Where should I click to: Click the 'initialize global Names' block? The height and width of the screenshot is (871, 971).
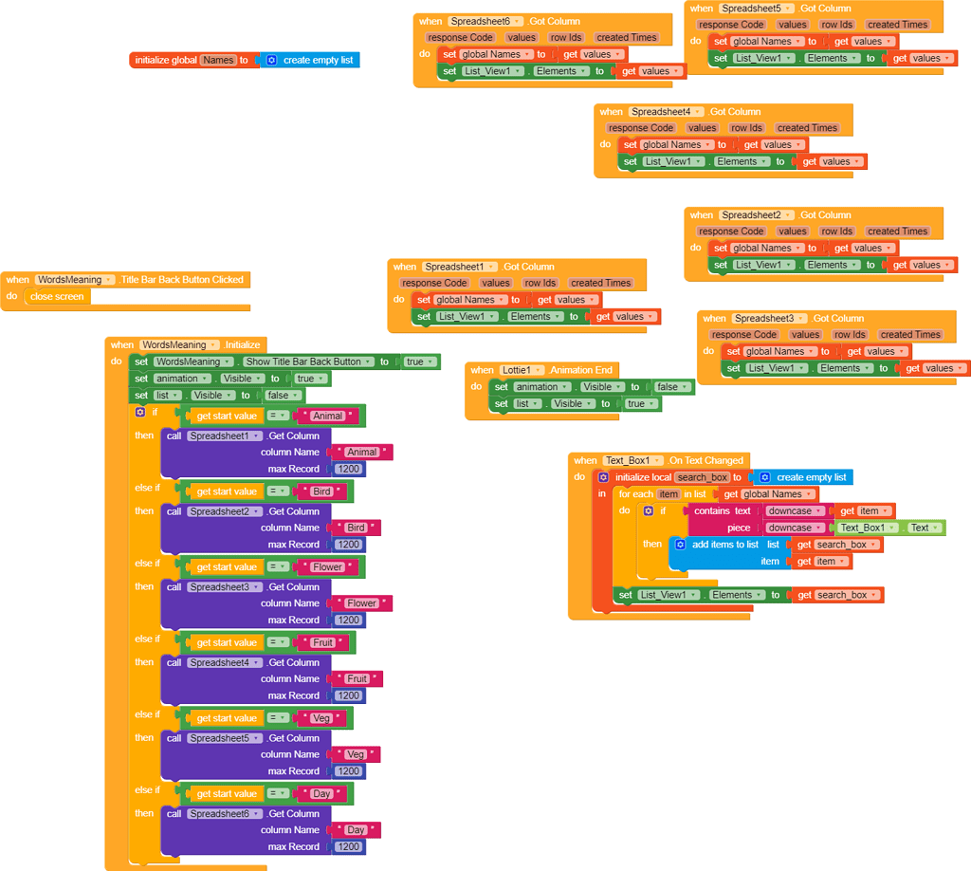point(166,60)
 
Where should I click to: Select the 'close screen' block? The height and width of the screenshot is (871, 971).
point(57,296)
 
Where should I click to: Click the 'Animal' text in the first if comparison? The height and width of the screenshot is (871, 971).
point(328,416)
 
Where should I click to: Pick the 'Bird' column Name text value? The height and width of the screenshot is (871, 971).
point(356,528)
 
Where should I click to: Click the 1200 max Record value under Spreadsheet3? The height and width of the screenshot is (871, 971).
point(349,620)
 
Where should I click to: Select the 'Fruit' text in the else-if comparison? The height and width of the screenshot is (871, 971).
point(323,642)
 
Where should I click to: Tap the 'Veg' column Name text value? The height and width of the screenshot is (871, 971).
point(355,754)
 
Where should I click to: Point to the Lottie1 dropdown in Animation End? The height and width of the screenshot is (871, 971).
point(522,370)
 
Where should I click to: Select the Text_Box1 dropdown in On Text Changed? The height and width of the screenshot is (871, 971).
point(632,460)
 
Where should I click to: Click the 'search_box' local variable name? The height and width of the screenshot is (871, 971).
point(702,477)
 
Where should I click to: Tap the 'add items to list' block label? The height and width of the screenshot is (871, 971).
point(724,545)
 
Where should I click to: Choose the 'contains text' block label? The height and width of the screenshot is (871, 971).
point(722,510)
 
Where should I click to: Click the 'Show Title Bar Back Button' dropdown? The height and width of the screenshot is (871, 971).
point(307,361)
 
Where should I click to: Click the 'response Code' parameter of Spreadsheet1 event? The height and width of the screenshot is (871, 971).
point(434,283)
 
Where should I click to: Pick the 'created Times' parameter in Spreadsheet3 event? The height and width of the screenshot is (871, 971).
point(909,334)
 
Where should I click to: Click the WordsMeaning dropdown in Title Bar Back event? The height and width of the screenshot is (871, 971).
point(75,280)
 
